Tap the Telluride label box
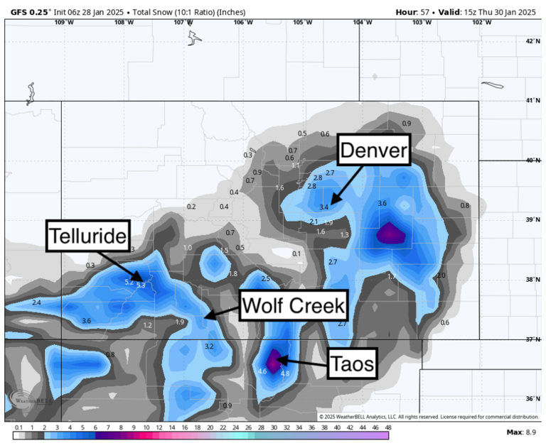pyautogui.click(x=90, y=236)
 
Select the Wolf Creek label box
pyautogui.click(x=293, y=306)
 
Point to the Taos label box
pyautogui.click(x=352, y=365)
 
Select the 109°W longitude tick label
pyautogui.click(x=64, y=22)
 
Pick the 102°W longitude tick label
pyautogui.click(x=481, y=22)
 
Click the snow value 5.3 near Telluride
pyautogui.click(x=141, y=285)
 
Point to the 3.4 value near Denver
pyautogui.click(x=324, y=207)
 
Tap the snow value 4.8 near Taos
pyautogui.click(x=285, y=374)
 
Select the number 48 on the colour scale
pyautogui.click(x=388, y=427)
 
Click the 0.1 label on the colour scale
pyautogui.click(x=18, y=427)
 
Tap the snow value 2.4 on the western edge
pyautogui.click(x=36, y=303)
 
